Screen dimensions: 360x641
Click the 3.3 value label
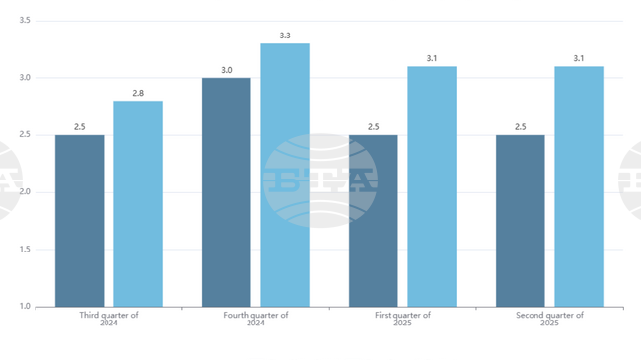[x=285, y=36]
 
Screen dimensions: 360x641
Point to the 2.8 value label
[x=138, y=93]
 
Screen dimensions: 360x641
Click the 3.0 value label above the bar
[x=226, y=70]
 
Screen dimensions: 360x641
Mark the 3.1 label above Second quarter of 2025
[x=579, y=58]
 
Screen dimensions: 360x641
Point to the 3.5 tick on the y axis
[x=24, y=21]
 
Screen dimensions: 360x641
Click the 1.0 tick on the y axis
[x=24, y=307]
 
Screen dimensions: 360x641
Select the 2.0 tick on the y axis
[x=24, y=192]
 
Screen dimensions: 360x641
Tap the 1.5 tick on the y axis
[x=24, y=250]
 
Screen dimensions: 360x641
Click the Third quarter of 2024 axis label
[x=108, y=319]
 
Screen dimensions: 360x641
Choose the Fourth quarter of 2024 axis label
[x=255, y=319]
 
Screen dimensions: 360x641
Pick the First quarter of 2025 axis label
[x=402, y=319]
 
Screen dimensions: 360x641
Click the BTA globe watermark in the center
[x=320, y=180]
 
